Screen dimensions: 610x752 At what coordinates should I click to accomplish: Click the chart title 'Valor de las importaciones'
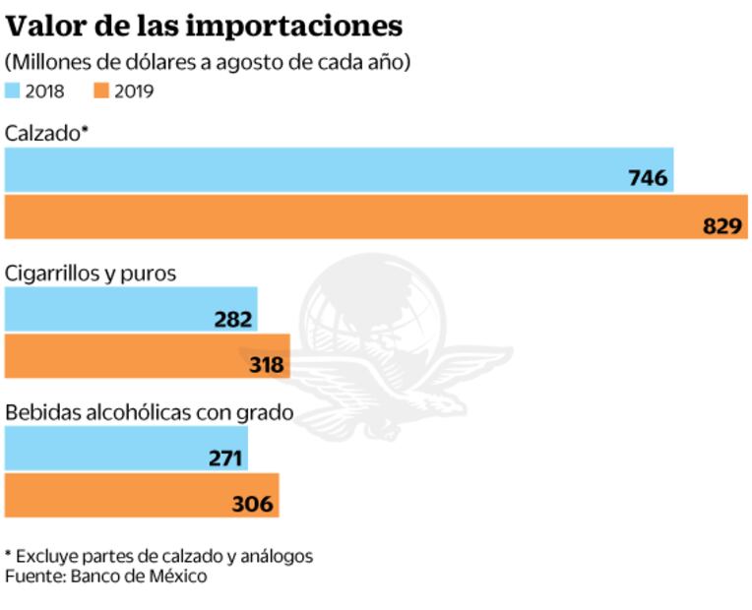[204, 25]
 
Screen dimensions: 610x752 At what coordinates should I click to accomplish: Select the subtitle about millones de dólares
[208, 62]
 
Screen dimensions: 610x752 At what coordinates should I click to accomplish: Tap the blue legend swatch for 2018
[13, 91]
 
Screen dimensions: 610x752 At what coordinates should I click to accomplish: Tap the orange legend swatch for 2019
[100, 91]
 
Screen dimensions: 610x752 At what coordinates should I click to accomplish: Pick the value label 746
[648, 178]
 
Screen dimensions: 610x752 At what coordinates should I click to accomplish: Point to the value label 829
[721, 225]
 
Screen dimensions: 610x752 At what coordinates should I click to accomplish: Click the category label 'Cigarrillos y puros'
[91, 273]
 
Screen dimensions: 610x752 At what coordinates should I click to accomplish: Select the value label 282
[233, 319]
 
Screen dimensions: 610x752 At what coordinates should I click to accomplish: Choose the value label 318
[266, 365]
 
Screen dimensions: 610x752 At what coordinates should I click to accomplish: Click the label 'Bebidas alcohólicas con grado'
[149, 412]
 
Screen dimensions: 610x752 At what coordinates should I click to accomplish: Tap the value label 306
[254, 505]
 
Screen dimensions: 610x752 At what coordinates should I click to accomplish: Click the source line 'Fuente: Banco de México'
[106, 577]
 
